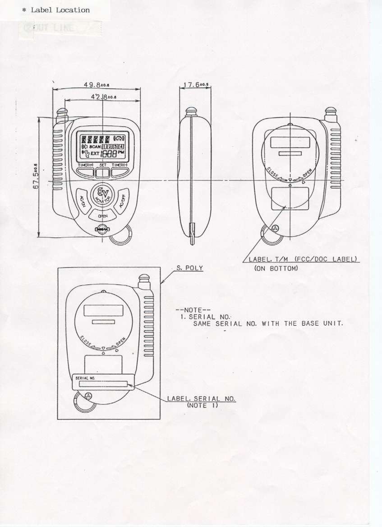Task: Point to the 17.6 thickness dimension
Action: [x=195, y=84]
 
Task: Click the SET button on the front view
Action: [x=103, y=172]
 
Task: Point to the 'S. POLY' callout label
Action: [x=189, y=268]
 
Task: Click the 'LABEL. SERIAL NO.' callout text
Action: [x=201, y=399]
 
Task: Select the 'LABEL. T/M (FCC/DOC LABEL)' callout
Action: [x=303, y=259]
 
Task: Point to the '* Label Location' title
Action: [x=56, y=10]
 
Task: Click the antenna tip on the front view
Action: [x=62, y=110]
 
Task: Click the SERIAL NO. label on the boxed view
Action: [x=103, y=382]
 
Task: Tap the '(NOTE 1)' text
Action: [x=202, y=406]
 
